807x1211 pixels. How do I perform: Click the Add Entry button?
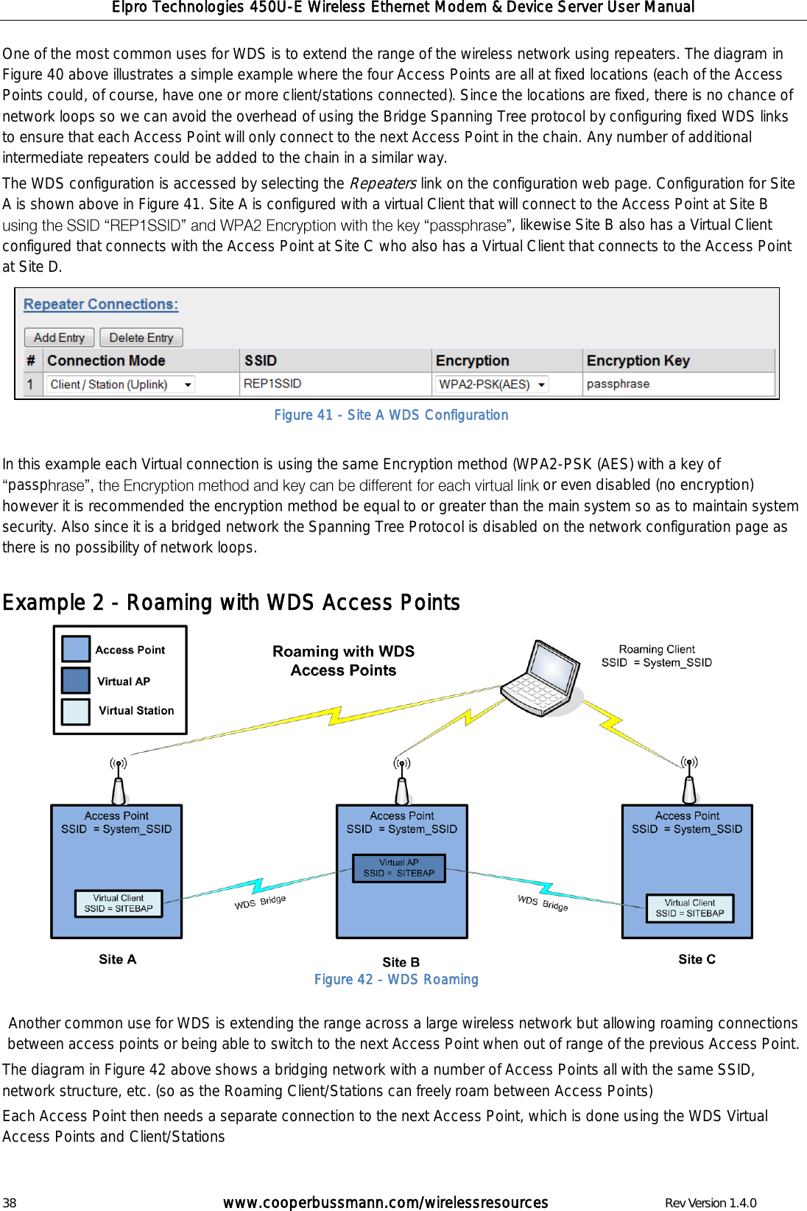click(59, 337)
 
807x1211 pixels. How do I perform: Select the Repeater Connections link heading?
click(101, 304)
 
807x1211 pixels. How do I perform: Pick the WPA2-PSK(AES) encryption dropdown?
click(491, 385)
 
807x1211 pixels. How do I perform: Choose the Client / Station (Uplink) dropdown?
click(121, 385)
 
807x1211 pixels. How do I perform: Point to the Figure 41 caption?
click(391, 415)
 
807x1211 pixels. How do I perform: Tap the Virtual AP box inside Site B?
click(399, 868)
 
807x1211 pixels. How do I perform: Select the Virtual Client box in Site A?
click(119, 904)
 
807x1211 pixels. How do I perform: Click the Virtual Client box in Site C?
click(690, 908)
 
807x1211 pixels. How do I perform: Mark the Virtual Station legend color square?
click(76, 712)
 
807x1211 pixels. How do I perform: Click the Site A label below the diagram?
click(117, 959)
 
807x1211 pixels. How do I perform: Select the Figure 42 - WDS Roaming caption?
click(396, 980)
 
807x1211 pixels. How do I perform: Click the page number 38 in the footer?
click(9, 1203)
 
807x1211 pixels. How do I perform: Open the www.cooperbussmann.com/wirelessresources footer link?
click(385, 1203)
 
